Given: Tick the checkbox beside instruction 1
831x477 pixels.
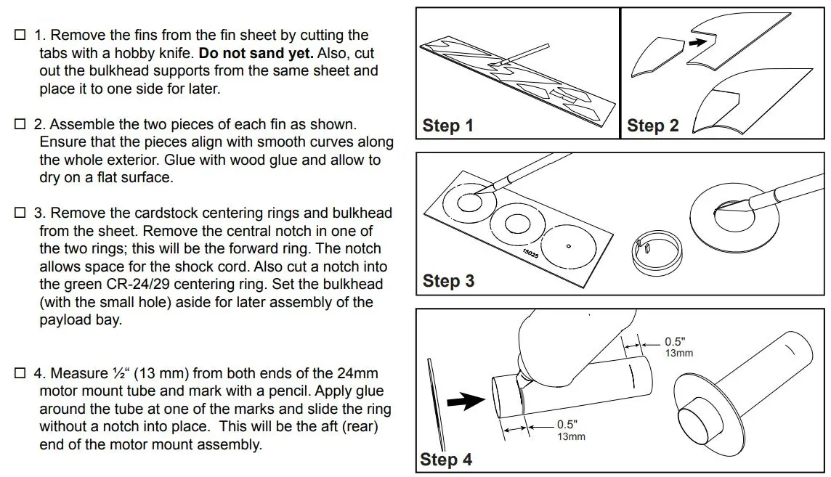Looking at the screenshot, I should tap(20, 35).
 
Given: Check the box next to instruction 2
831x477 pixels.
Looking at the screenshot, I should tap(20, 125).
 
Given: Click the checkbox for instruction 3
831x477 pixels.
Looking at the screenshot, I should tap(20, 213).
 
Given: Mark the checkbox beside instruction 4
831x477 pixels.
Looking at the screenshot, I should tap(20, 374).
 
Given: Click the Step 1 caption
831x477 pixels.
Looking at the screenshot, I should tap(447, 126).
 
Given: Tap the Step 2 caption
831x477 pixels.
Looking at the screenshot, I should tap(652, 126).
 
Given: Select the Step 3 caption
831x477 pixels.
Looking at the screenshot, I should tap(448, 280).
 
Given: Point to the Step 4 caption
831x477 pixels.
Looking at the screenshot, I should tap(446, 459).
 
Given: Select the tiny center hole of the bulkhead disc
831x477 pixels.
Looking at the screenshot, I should tap(569, 247).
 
